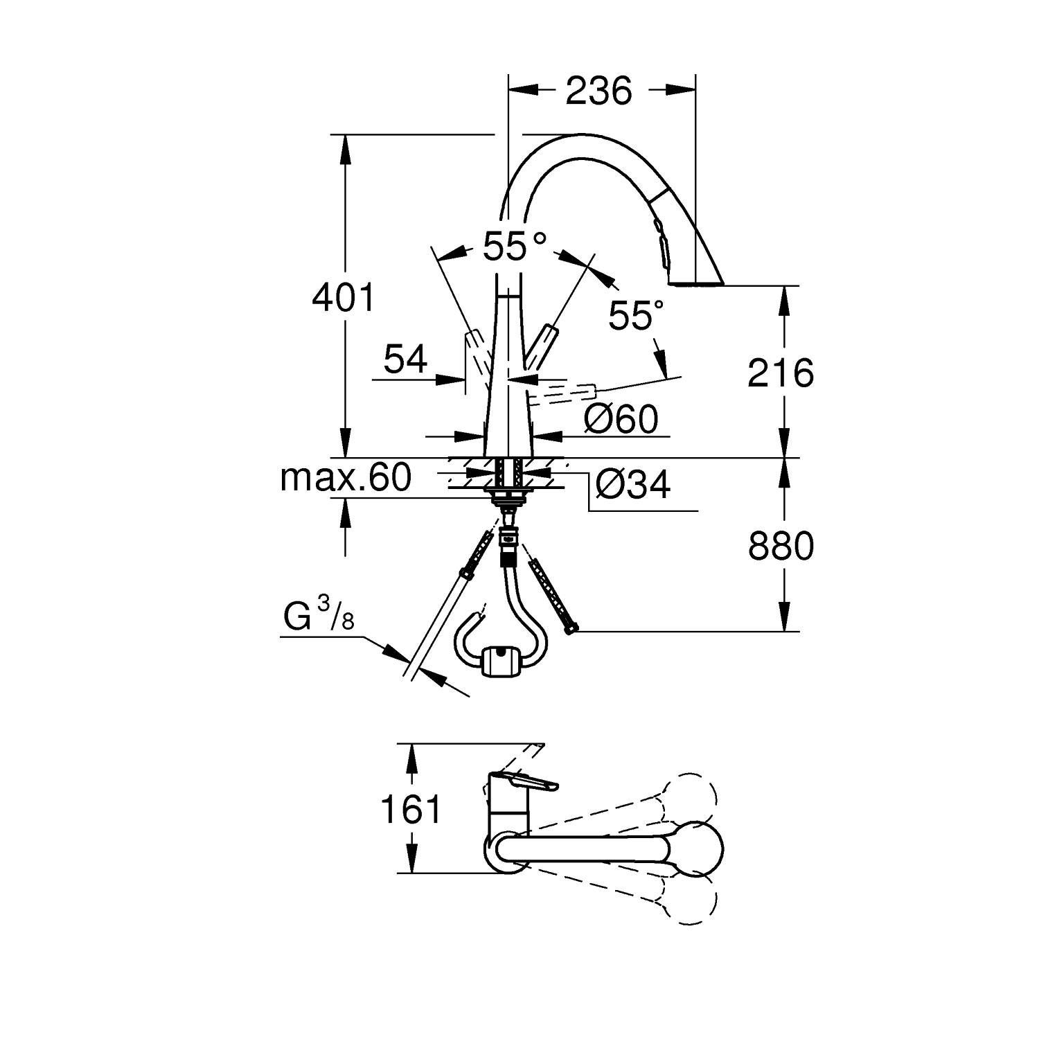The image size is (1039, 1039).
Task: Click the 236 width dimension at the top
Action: (598, 91)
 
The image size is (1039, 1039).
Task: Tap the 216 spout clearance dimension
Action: (781, 374)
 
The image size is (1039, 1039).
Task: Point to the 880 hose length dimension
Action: (781, 547)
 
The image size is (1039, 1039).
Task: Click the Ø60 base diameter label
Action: (620, 419)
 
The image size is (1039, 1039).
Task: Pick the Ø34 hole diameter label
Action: (632, 486)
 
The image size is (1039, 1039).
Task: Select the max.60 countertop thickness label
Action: (346, 477)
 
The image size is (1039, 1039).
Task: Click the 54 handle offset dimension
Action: (406, 360)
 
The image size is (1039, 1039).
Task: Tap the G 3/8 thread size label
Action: (319, 617)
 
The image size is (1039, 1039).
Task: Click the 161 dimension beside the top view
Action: (411, 808)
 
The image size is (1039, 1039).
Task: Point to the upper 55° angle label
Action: (514, 246)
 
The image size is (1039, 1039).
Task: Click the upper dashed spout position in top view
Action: (686, 797)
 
